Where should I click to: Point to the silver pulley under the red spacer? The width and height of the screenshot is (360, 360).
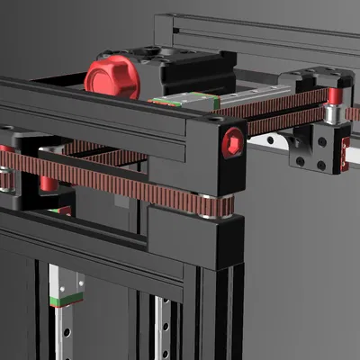pos(333,113)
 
